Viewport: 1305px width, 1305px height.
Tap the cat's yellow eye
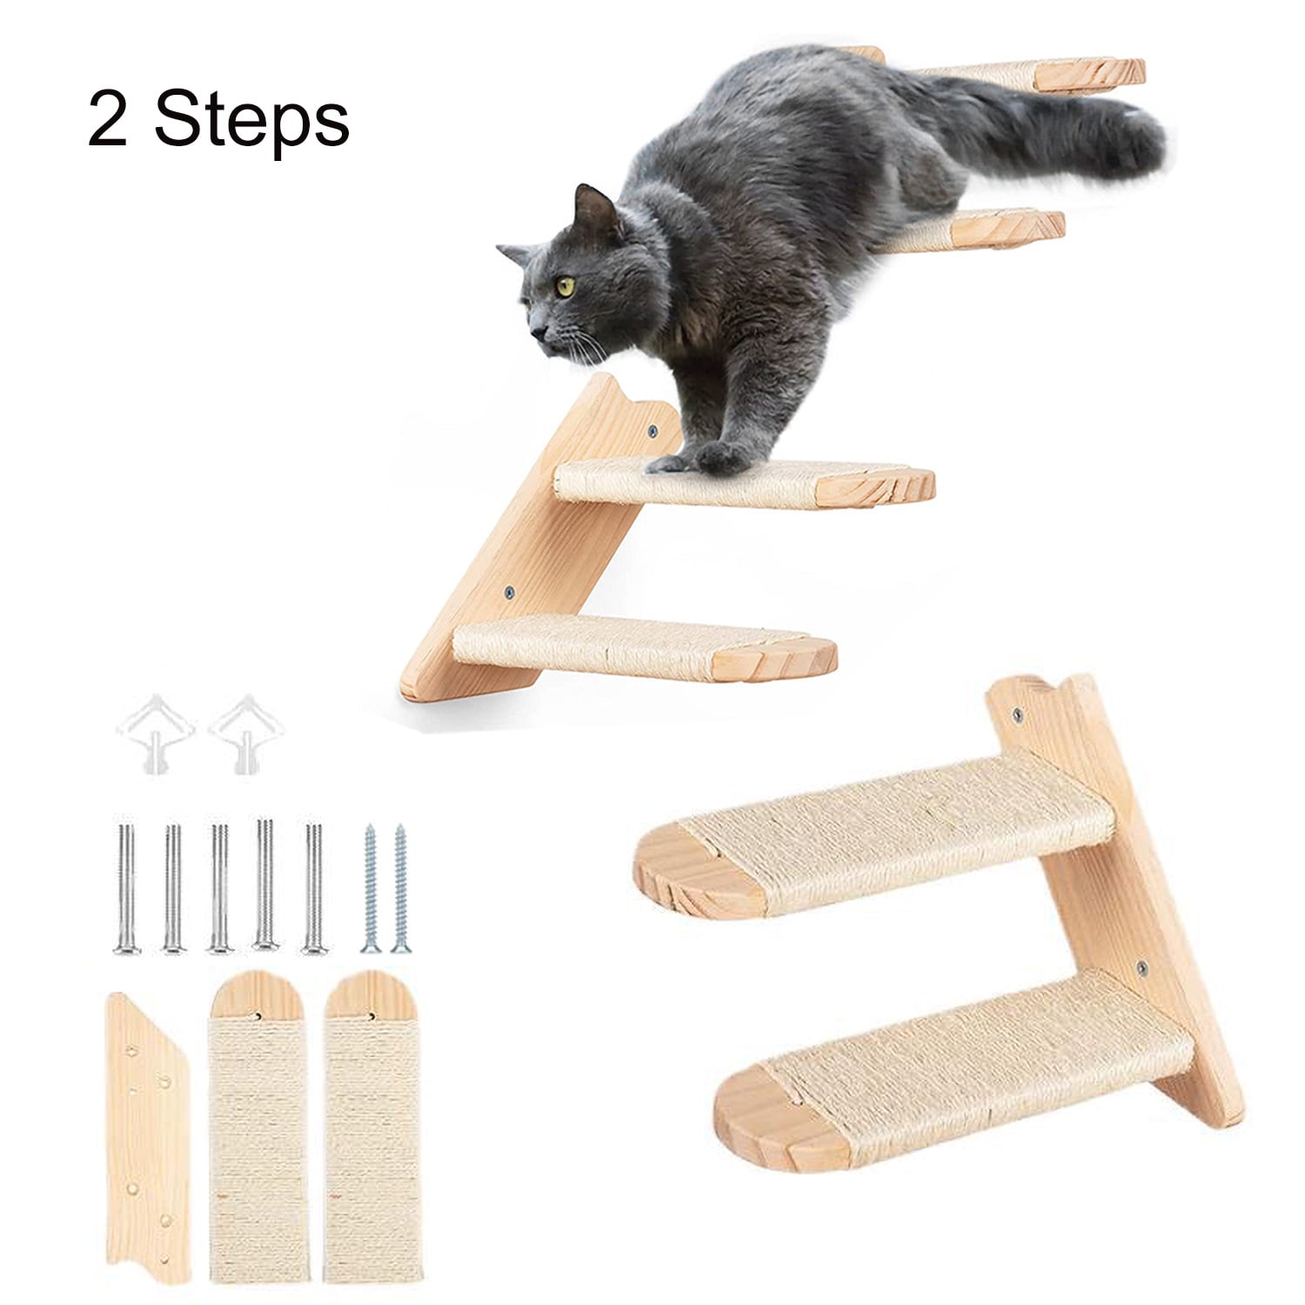[x=565, y=286]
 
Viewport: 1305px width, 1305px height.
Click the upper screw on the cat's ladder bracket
[x=652, y=432]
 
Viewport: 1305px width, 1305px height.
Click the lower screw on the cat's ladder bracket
[x=509, y=592]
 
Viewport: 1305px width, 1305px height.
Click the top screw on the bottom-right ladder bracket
[x=1018, y=718]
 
